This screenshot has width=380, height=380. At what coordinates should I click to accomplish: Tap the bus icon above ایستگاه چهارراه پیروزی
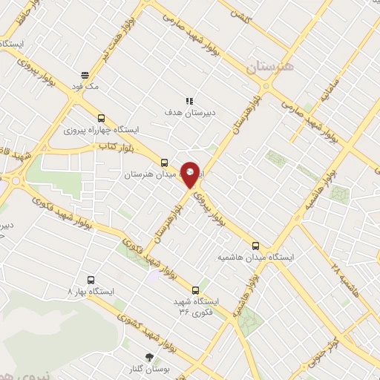101,117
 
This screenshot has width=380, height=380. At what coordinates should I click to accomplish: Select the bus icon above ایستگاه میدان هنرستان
165,163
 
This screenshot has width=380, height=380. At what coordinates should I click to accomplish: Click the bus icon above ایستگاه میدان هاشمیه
255,245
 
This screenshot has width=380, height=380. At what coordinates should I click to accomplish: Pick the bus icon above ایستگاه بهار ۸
91,281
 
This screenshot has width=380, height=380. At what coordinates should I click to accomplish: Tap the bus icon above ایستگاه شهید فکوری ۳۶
196,290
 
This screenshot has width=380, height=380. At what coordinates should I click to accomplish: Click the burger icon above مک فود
86,75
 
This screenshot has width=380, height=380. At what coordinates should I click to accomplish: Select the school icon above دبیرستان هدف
190,101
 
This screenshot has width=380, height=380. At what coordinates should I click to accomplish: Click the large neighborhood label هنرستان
271,67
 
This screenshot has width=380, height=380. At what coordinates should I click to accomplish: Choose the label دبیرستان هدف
190,113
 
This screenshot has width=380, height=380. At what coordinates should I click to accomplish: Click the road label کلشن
239,13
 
